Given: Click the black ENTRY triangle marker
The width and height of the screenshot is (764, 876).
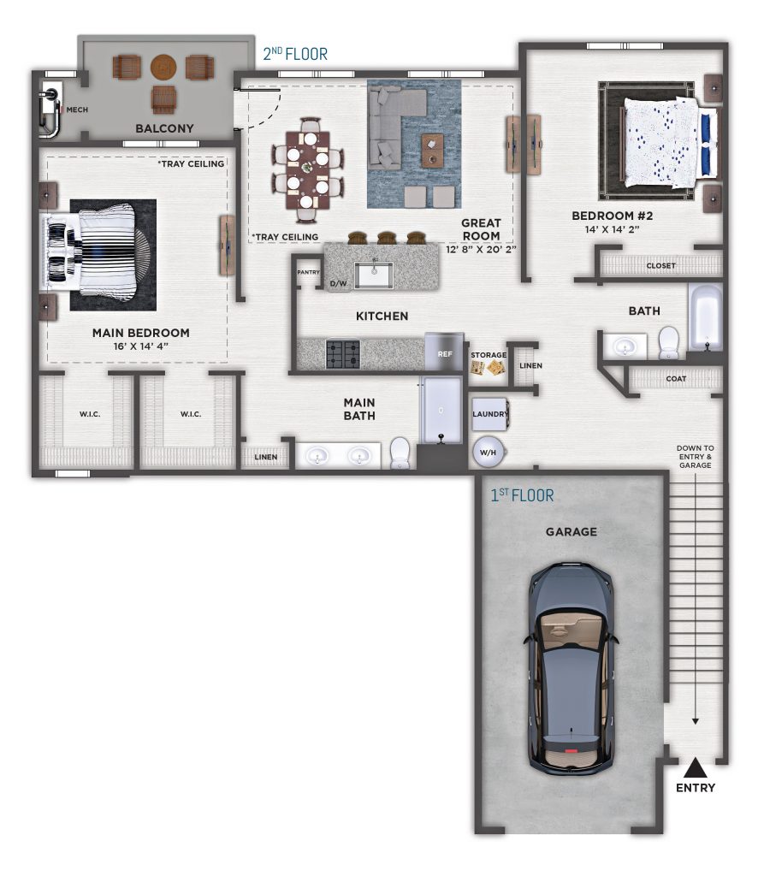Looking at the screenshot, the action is click(696, 768).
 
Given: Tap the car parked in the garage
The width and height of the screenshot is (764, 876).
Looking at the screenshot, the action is click(572, 669).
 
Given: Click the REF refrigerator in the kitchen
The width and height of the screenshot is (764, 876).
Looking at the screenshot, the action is click(444, 352).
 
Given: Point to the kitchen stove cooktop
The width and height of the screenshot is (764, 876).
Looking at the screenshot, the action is click(342, 354).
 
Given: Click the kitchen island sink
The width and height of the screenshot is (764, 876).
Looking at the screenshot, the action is click(374, 275).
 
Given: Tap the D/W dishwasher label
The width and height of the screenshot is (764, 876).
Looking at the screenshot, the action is click(338, 284).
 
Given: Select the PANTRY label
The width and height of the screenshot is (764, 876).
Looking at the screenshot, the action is click(309, 272).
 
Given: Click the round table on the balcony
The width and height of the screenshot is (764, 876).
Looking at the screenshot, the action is click(163, 67).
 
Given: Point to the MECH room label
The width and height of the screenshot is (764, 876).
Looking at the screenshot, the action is click(77, 109).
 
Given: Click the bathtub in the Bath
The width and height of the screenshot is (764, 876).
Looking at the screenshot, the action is click(705, 317).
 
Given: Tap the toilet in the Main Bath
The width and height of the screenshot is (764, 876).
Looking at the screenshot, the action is click(400, 453).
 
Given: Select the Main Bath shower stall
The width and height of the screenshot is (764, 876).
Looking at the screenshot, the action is click(441, 411).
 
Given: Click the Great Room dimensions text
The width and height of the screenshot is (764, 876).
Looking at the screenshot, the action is click(481, 249).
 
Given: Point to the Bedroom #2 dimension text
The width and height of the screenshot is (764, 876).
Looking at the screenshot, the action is click(612, 229).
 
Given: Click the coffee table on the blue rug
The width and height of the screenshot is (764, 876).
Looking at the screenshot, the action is click(432, 151).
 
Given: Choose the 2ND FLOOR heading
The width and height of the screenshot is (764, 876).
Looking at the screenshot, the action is click(295, 54).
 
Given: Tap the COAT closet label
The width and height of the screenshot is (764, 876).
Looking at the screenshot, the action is click(676, 379).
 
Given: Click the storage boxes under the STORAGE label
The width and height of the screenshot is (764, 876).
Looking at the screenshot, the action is click(488, 367).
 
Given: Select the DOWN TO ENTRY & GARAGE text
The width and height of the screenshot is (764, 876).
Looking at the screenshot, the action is click(696, 457).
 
